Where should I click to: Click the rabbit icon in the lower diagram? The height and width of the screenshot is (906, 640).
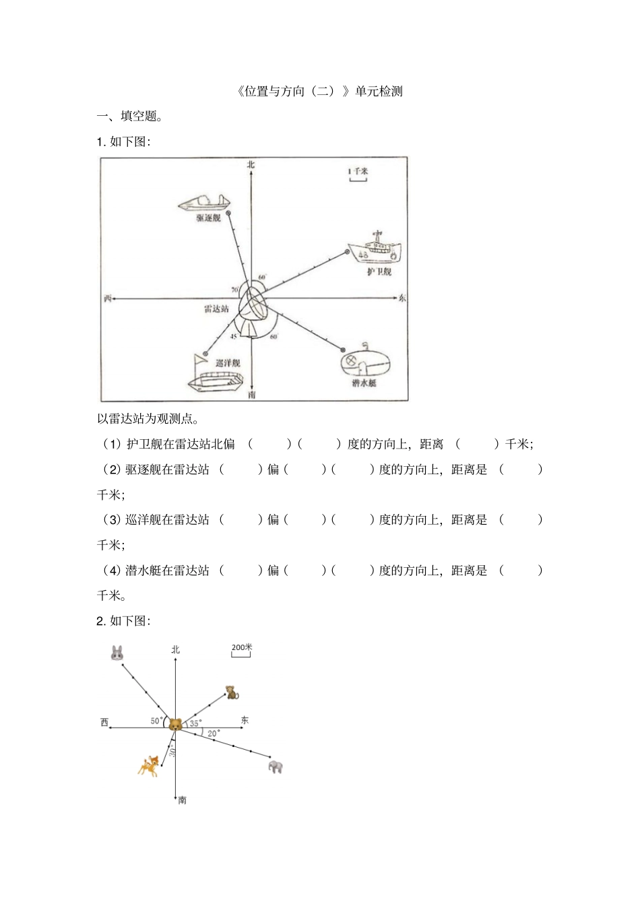pyautogui.click(x=117, y=652)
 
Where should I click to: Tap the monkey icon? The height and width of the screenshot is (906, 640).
pyautogui.click(x=232, y=692)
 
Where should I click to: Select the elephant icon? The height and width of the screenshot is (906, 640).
pyautogui.click(x=276, y=766)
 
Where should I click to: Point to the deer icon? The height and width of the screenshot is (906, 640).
pyautogui.click(x=149, y=765)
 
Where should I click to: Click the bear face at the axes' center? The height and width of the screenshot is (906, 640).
pyautogui.click(x=175, y=725)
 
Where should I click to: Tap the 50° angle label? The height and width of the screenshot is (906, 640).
pyautogui.click(x=156, y=721)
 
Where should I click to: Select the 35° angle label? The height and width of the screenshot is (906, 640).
pyautogui.click(x=195, y=723)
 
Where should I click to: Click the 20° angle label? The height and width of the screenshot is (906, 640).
pyautogui.click(x=213, y=733)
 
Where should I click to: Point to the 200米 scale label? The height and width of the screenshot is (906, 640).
pyautogui.click(x=241, y=647)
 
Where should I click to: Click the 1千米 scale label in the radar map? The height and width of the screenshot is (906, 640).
pyautogui.click(x=358, y=171)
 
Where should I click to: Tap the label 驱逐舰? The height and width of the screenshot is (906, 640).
pyautogui.click(x=209, y=218)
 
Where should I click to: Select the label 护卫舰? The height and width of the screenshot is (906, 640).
pyautogui.click(x=379, y=271)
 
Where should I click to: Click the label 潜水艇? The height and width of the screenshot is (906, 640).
pyautogui.click(x=364, y=383)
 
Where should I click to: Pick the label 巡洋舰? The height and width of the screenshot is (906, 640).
pyautogui.click(x=228, y=362)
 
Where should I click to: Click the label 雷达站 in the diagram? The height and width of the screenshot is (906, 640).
pyautogui.click(x=216, y=309)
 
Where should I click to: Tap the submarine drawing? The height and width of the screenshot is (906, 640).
pyautogui.click(x=364, y=361)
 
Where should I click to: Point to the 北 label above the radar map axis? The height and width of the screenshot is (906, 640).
pyautogui.click(x=251, y=164)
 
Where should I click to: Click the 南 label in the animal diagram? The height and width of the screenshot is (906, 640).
pyautogui.click(x=183, y=800)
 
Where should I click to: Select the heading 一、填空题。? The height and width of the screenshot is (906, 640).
pyautogui.click(x=130, y=116)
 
